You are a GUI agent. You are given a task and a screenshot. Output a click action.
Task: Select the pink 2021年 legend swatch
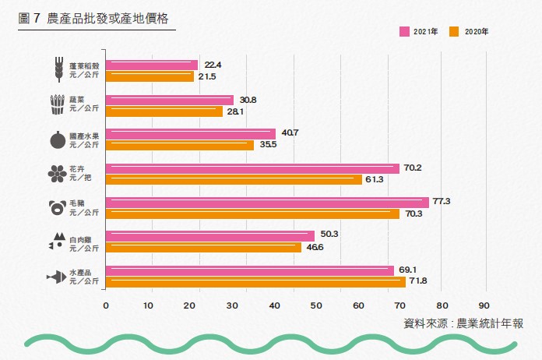405,32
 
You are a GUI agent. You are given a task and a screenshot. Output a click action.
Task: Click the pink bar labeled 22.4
152,65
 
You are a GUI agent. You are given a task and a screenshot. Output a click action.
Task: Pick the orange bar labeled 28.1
164,111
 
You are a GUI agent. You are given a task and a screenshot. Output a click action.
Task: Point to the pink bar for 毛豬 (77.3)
267,202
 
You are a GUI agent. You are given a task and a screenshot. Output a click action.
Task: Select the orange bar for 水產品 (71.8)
255,281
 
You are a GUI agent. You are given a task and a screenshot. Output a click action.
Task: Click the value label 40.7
290,133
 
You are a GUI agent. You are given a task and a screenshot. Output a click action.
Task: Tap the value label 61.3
374,180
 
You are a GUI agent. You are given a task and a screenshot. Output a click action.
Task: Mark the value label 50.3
329,235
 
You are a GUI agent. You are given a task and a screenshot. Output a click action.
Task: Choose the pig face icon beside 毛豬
57,207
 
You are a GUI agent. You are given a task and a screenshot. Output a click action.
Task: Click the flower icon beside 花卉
57,173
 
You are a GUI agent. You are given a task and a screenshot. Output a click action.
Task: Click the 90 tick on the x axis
484,305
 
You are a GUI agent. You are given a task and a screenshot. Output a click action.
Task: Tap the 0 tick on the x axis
106,305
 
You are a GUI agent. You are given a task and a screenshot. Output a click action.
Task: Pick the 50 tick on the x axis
316,305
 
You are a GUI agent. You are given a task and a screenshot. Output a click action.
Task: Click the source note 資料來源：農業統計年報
463,323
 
